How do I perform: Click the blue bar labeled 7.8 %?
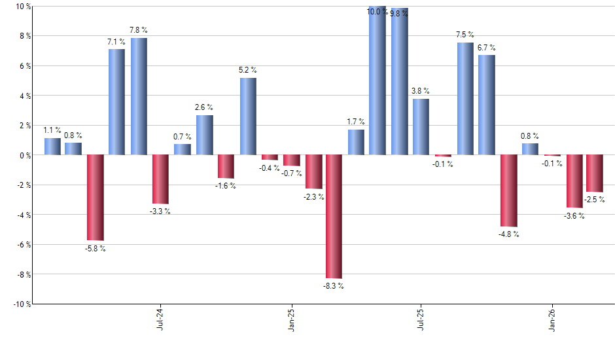[139, 96]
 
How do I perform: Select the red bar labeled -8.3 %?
[334, 217]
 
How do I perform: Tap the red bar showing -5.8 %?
[96, 198]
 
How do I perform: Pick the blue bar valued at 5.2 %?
[248, 117]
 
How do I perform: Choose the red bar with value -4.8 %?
[508, 191]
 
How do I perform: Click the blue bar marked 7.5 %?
[465, 99]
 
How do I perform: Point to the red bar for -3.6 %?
[574, 181]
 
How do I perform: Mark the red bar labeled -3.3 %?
[160, 179]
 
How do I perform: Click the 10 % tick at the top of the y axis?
[16, 7]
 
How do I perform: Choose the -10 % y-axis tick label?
[14, 304]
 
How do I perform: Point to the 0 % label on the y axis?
[18, 156]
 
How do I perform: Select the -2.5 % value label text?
[595, 199]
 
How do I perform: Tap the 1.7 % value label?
[356, 122]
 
